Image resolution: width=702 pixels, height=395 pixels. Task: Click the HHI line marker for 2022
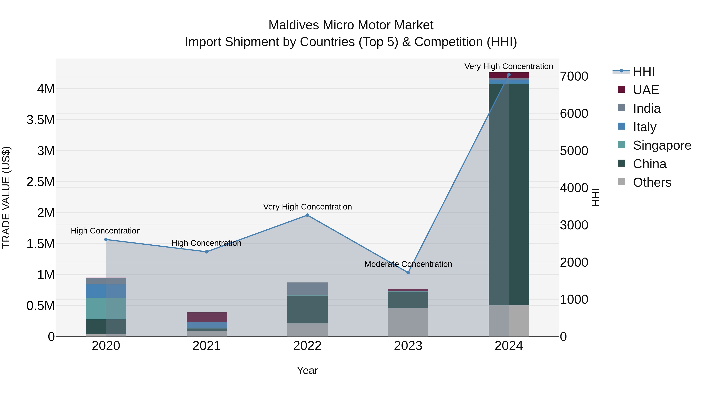coord(307,215)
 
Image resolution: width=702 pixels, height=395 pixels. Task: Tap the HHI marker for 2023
coord(408,273)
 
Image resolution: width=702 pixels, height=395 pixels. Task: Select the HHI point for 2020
coord(106,240)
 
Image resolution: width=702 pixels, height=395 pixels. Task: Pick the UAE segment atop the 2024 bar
coord(509,75)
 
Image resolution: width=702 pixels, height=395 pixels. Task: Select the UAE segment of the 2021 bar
coord(207,317)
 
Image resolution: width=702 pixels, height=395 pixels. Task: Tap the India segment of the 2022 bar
coord(307,289)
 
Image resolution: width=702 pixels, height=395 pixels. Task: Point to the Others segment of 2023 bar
coord(408,322)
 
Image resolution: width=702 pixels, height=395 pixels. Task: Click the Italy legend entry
coord(644,127)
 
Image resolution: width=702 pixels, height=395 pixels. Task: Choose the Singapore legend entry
coord(662,145)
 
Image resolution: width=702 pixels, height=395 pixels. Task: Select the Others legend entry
coord(652,182)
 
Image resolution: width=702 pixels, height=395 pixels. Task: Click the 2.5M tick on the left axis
coord(41,182)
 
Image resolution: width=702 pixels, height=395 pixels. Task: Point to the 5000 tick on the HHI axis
coord(574,151)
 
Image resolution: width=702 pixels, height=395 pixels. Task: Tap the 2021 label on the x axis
coord(207,346)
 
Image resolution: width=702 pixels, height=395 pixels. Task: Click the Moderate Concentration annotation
coord(408,264)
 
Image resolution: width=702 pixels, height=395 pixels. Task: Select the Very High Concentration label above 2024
coord(509,66)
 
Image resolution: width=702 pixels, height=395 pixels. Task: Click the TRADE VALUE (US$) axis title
coord(6,197)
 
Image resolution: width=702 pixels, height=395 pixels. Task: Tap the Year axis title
coord(307,370)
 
